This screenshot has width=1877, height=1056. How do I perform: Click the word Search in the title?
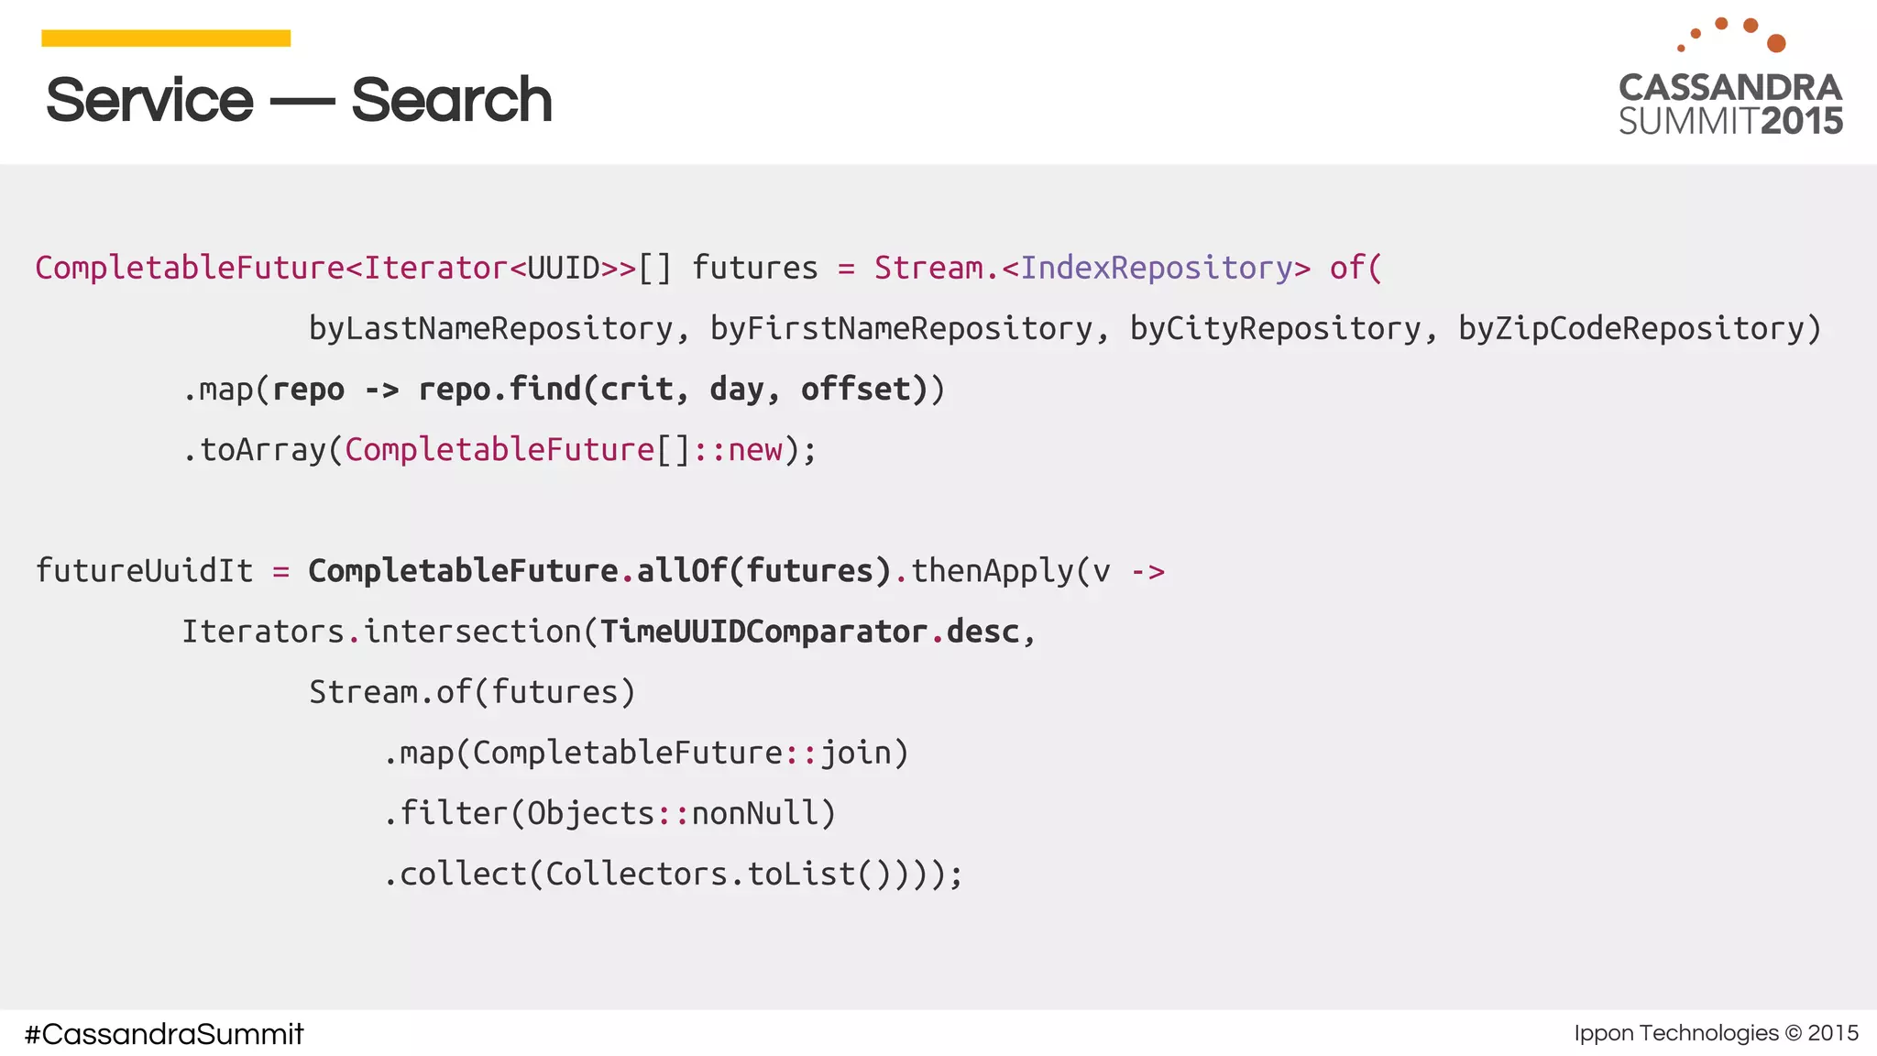[x=451, y=100]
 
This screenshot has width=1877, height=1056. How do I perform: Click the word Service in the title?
[x=149, y=100]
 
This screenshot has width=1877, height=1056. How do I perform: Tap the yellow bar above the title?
[x=166, y=38]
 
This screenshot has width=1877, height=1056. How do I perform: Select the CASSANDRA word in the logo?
[x=1730, y=88]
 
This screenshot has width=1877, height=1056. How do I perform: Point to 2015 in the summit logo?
[x=1802, y=122]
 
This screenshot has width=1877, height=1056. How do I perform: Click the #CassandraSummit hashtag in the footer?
[x=164, y=1034]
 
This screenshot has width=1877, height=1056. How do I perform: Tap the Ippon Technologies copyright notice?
[x=1716, y=1033]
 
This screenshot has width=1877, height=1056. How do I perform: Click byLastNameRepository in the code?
[x=490, y=328]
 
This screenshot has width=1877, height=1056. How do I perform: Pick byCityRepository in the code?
[x=1275, y=328]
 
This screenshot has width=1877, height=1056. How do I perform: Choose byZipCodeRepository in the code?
[x=1630, y=328]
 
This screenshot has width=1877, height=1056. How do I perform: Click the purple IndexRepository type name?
[x=1156, y=268]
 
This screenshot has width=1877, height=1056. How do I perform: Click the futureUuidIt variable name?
[x=144, y=571]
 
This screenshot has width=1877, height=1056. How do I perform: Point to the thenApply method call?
[x=992, y=571]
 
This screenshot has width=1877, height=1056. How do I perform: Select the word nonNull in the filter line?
[x=753, y=813]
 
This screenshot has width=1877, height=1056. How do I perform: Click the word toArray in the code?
[x=263, y=450]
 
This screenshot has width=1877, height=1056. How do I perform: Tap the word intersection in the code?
[x=472, y=632]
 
